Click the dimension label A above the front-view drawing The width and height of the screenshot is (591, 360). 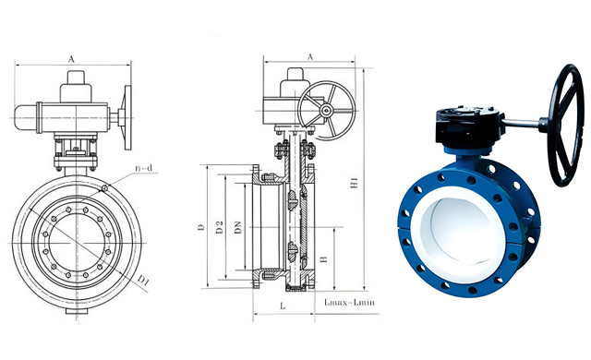click(x=71, y=57)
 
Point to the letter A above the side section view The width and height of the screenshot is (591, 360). click(x=310, y=56)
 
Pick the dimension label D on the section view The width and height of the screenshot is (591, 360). click(x=199, y=226)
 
